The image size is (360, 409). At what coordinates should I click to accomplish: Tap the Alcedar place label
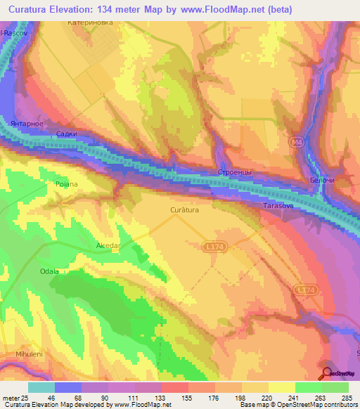click(109, 246)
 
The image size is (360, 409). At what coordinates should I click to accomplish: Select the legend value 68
click(76, 398)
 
